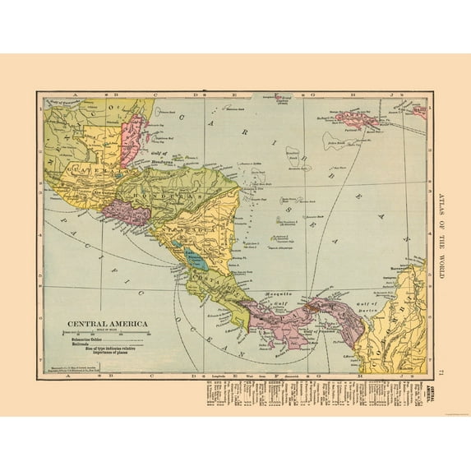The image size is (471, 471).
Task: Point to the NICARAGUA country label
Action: [x=182, y=229]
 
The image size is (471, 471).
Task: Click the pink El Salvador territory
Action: [x=131, y=215]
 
